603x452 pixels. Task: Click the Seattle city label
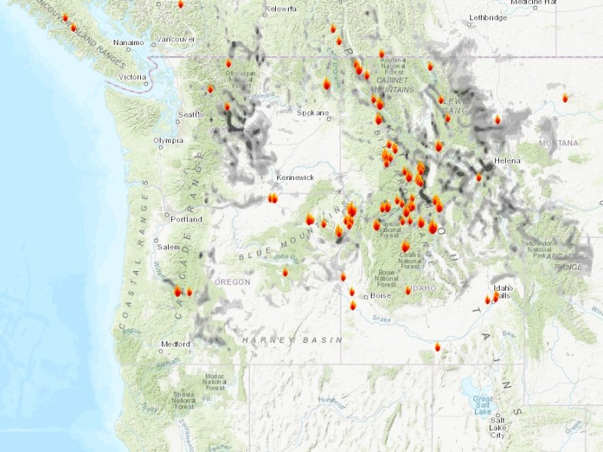(x=190, y=115)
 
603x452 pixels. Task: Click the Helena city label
(x=507, y=161)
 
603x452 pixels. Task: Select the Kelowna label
(x=281, y=9)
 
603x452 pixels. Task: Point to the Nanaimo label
(x=127, y=43)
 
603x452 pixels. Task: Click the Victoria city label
(x=132, y=77)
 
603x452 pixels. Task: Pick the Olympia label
(x=167, y=140)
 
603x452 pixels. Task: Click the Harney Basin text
(x=291, y=341)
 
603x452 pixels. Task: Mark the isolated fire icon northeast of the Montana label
(x=565, y=98)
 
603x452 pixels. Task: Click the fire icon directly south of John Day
(x=285, y=272)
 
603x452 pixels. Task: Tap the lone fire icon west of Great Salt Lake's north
(x=438, y=347)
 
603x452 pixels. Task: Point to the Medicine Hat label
(x=533, y=2)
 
